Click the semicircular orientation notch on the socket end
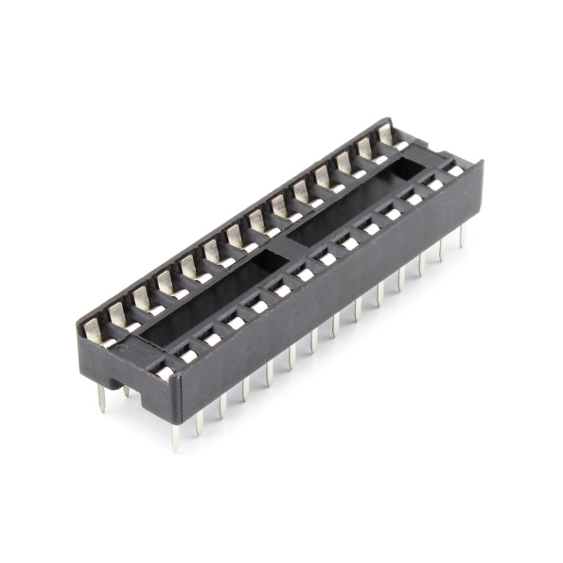point(118,382)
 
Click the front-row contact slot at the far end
point(454,170)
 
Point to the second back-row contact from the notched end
point(118,315)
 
